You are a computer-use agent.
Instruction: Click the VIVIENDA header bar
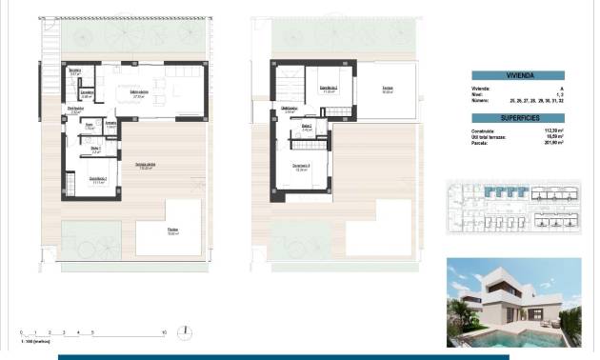(x=517, y=74)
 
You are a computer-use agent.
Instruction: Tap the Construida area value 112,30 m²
(x=551, y=131)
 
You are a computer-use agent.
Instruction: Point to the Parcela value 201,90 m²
(x=551, y=143)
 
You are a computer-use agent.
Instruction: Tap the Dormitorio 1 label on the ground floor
(x=98, y=180)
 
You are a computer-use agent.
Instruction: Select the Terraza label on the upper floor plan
(x=388, y=90)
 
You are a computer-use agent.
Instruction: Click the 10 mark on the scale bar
(x=164, y=332)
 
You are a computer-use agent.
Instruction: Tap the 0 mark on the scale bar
(x=21, y=332)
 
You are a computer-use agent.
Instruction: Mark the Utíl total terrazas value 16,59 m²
(x=551, y=137)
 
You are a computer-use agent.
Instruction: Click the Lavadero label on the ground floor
(x=86, y=94)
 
